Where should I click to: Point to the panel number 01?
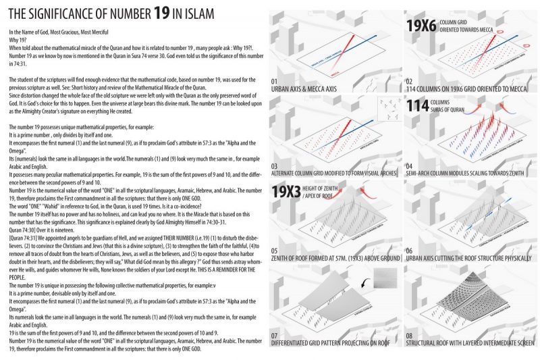(x=275, y=82)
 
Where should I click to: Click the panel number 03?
(x=275, y=165)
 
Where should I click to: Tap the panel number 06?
(x=410, y=250)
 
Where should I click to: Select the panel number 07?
(x=275, y=334)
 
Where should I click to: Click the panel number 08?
(x=410, y=334)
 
